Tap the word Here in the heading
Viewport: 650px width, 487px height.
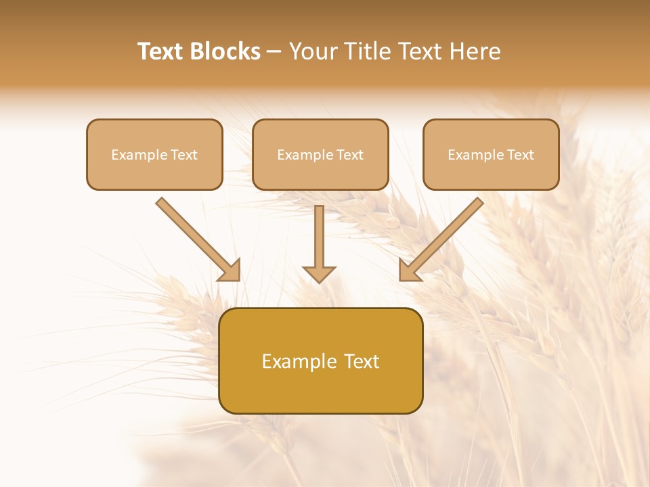pyautogui.click(x=473, y=51)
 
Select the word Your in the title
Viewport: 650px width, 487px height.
pyautogui.click(x=314, y=51)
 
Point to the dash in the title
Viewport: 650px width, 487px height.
pyautogui.click(x=274, y=52)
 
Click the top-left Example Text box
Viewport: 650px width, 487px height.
pyautogui.click(x=154, y=155)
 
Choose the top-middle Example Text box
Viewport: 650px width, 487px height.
pyautogui.click(x=320, y=155)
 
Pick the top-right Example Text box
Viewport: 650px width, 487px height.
pyautogui.click(x=491, y=155)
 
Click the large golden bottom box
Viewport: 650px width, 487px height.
pyautogui.click(x=321, y=361)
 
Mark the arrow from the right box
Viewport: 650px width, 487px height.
pyautogui.click(x=443, y=237)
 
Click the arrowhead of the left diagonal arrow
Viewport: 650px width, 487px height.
pyautogui.click(x=231, y=271)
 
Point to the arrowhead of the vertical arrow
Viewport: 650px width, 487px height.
pyautogui.click(x=320, y=274)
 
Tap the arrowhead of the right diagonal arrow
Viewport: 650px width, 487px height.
pyautogui.click(x=409, y=271)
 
